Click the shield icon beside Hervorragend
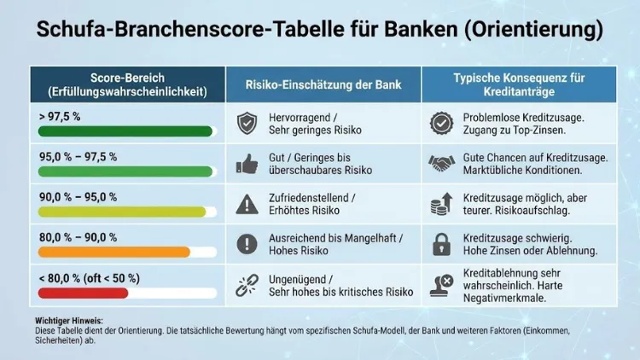[247, 123]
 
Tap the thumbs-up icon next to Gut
[247, 163]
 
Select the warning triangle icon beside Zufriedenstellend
[247, 203]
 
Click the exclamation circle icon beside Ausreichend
[247, 243]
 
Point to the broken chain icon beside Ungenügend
[247, 284]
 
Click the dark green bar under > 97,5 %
[125, 131]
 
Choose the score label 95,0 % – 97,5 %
[79, 157]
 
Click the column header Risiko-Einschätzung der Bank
[323, 84]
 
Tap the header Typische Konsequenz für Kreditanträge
[519, 84]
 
